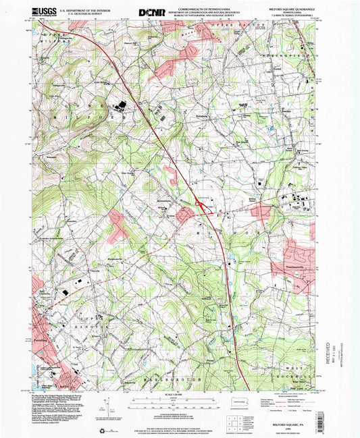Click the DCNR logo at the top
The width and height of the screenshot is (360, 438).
coord(151,11)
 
